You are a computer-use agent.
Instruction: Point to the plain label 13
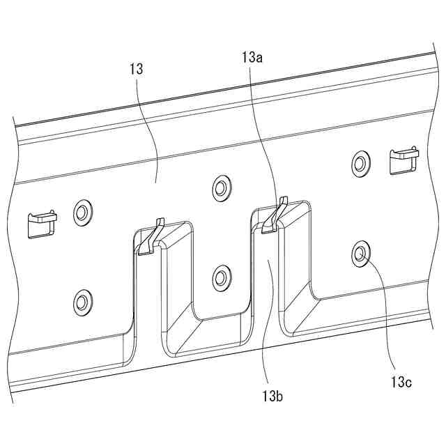click(136, 70)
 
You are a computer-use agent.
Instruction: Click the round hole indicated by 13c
click(360, 254)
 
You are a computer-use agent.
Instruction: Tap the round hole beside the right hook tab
click(360, 163)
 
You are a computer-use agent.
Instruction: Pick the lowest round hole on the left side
click(82, 302)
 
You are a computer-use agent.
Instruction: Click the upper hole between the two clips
click(222, 187)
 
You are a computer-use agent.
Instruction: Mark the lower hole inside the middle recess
click(222, 277)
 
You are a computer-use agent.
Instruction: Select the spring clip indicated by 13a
click(274, 217)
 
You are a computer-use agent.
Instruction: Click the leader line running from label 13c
click(380, 314)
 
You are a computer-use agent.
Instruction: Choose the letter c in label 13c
click(408, 382)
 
